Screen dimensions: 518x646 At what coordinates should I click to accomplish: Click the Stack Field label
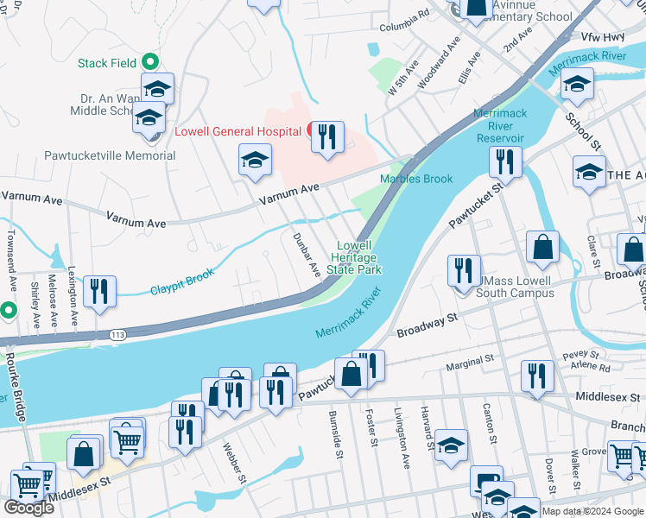click(107, 63)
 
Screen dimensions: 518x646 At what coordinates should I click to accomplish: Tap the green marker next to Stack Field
click(149, 61)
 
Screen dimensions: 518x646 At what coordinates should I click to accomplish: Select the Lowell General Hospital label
click(237, 132)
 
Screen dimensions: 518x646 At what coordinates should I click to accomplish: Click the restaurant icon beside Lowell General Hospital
click(327, 138)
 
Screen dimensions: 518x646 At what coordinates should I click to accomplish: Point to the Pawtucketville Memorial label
click(110, 156)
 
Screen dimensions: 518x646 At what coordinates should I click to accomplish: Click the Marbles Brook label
click(416, 179)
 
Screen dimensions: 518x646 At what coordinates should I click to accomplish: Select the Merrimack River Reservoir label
click(499, 126)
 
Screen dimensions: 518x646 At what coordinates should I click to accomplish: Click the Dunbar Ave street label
click(306, 256)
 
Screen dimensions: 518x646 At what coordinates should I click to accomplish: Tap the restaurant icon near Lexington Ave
click(99, 292)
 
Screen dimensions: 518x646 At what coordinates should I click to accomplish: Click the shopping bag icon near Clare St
click(542, 247)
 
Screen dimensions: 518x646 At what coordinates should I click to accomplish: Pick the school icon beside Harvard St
click(451, 445)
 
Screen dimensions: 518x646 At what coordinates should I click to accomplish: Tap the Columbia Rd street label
click(403, 15)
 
